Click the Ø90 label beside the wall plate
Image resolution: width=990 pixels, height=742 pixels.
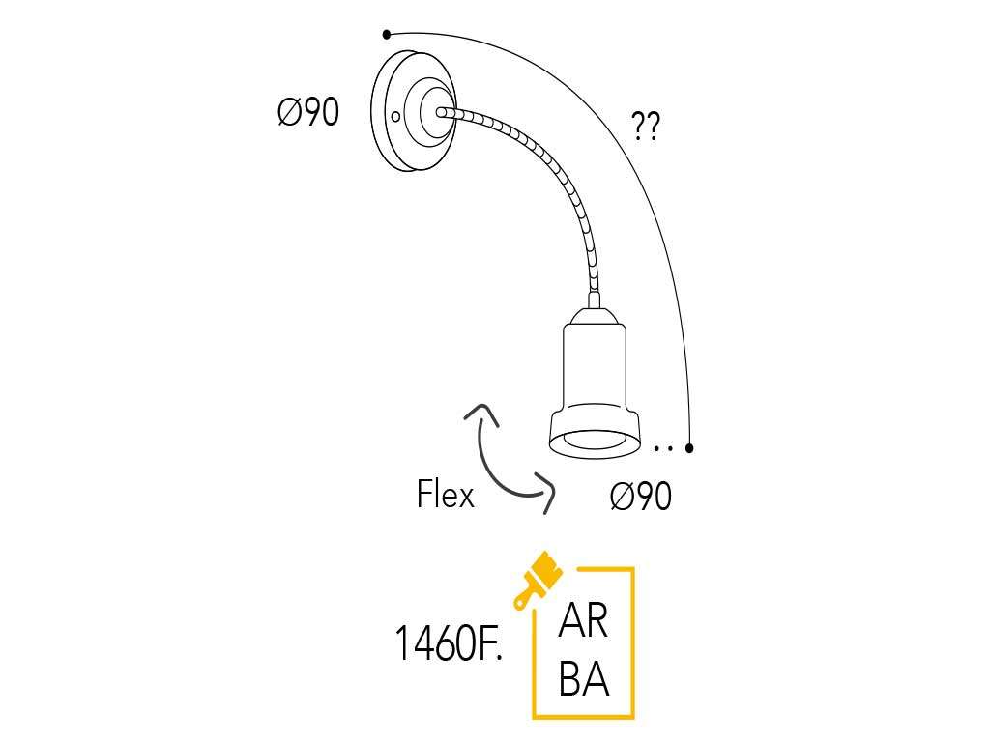(307, 113)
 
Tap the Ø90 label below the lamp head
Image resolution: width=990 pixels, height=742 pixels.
(640, 497)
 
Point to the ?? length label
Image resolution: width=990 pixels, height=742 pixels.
(645, 127)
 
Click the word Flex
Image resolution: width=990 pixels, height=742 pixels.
(445, 495)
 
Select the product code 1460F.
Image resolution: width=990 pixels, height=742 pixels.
(449, 643)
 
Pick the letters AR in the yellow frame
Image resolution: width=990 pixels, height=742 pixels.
(583, 621)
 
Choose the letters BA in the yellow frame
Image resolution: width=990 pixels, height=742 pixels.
(584, 679)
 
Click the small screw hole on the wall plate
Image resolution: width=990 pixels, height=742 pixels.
(395, 117)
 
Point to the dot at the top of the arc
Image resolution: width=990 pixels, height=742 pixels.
(387, 35)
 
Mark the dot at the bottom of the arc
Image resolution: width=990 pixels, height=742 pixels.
(689, 447)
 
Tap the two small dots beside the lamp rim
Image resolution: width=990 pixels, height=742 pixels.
(662, 448)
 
